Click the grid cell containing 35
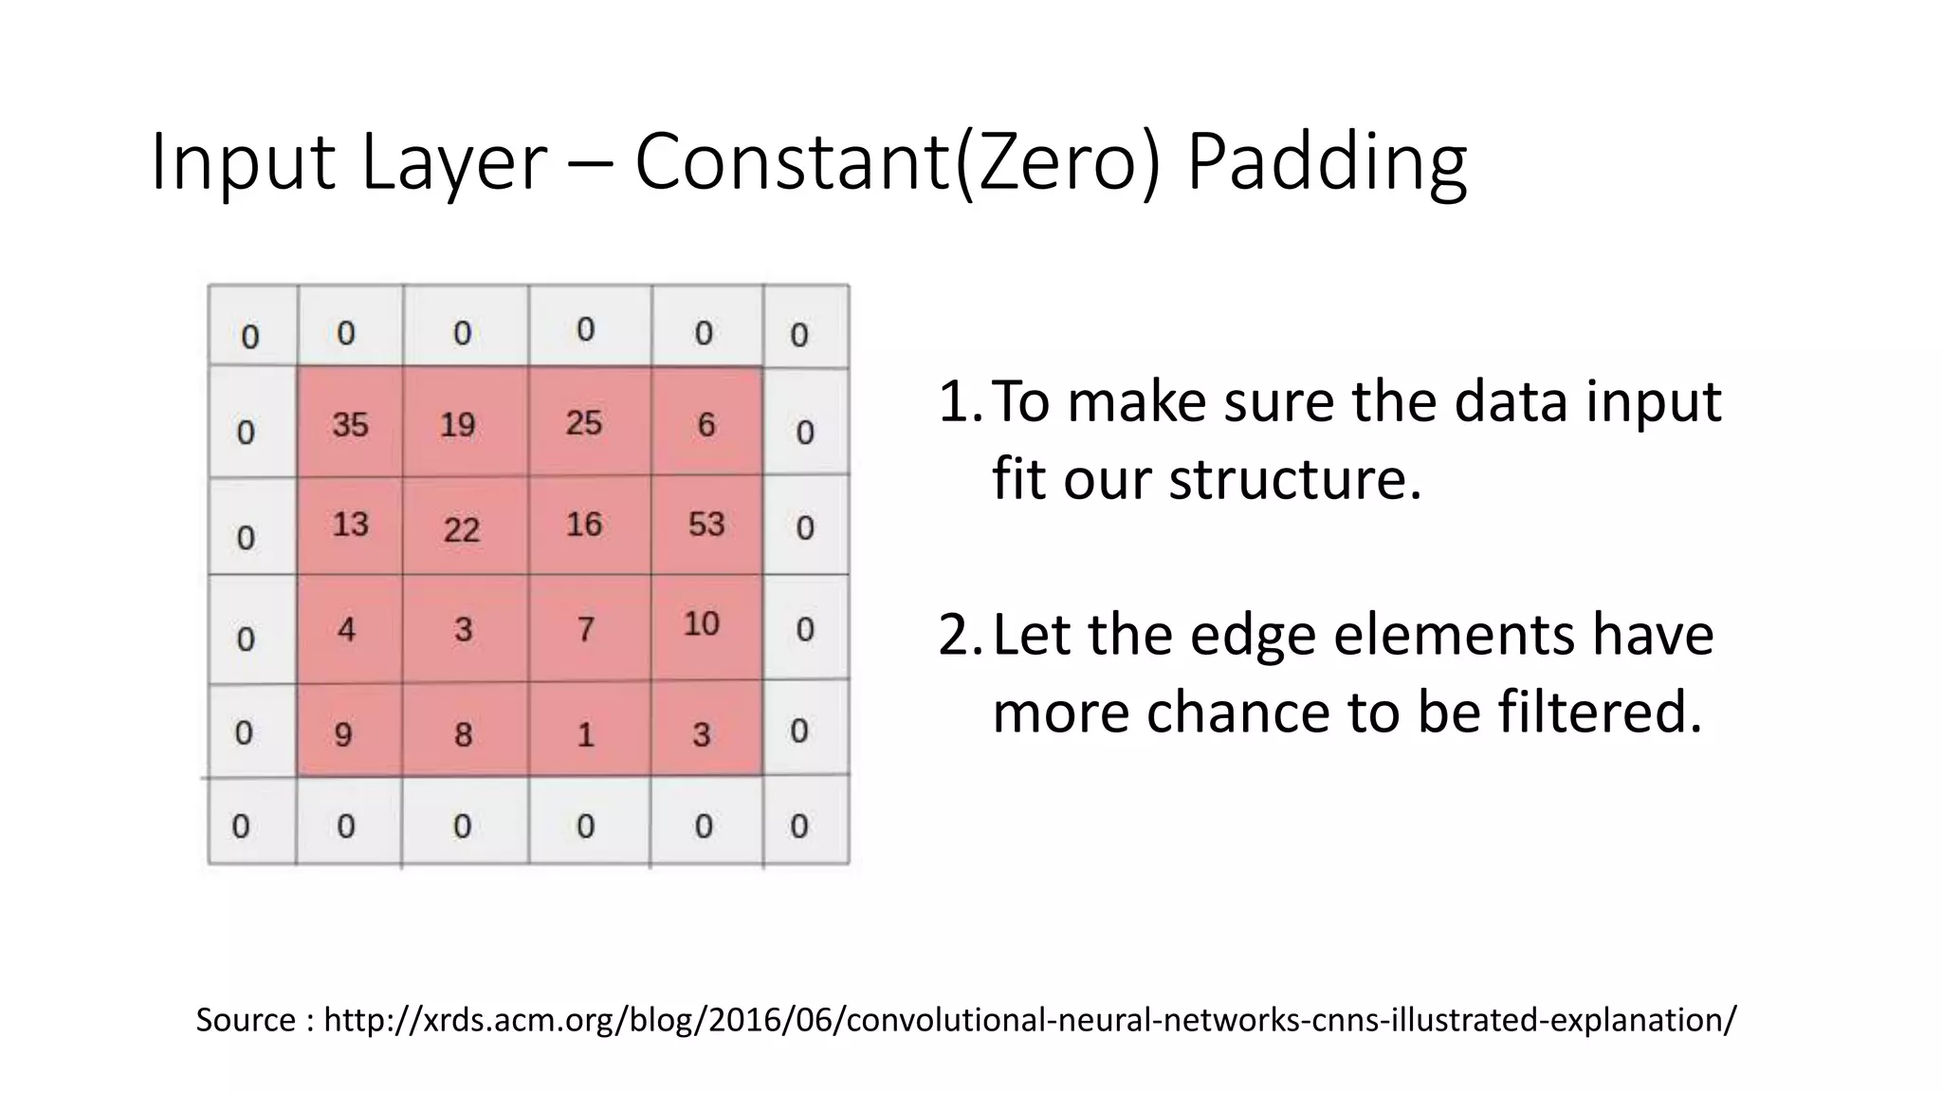tap(350, 422)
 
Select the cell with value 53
tap(706, 524)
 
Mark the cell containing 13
tap(350, 524)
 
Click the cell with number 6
tap(706, 422)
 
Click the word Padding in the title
tap(1326, 163)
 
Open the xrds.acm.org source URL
tap(1030, 1020)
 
